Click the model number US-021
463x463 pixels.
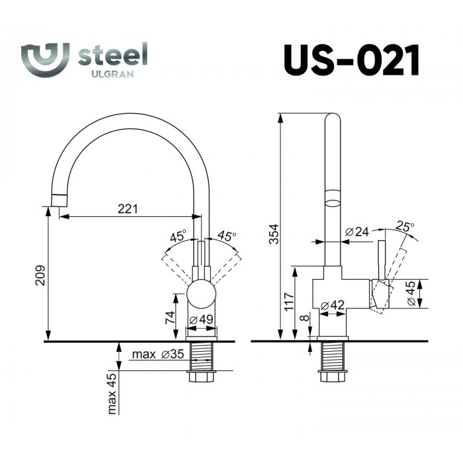coord(351,60)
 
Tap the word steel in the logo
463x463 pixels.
coord(113,55)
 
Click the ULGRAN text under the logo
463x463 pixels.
coord(112,74)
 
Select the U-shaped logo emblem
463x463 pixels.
coord(45,60)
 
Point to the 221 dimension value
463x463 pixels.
coord(128,209)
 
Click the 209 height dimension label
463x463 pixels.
coord(40,275)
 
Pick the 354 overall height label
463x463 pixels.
coord(274,234)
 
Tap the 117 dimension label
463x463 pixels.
coord(289,302)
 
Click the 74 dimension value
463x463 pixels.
coord(171,317)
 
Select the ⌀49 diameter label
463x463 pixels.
coord(201,319)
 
